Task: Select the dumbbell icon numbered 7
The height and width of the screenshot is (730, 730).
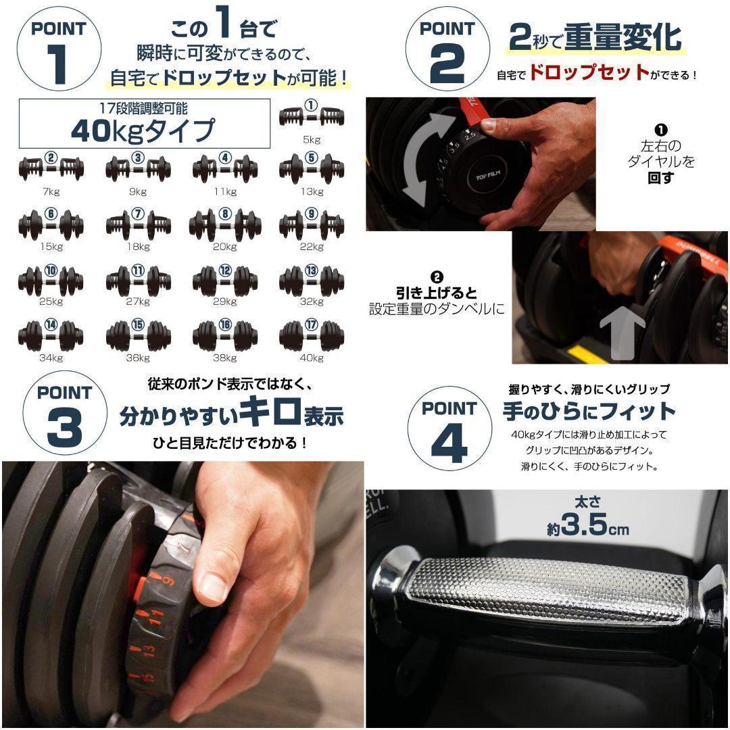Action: (138, 222)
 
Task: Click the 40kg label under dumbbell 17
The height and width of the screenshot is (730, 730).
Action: (312, 358)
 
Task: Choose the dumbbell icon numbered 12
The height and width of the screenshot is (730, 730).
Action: (224, 277)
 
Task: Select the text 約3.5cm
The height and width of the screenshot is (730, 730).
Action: (587, 526)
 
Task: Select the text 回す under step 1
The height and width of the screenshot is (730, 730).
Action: (660, 178)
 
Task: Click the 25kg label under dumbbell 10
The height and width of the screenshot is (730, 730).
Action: (51, 302)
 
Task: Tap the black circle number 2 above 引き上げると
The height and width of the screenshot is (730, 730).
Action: (437, 277)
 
